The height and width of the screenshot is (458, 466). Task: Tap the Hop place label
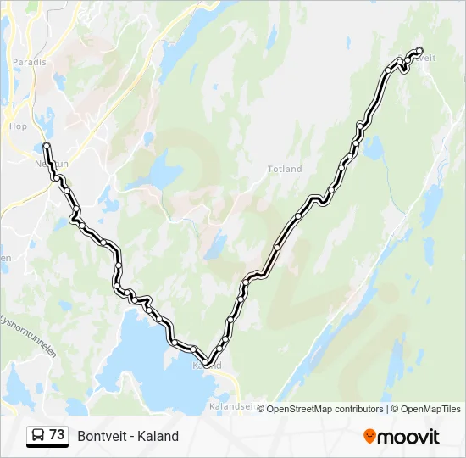pos(18,126)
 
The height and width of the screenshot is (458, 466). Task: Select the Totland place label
pos(285,169)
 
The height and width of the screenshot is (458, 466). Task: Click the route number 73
pos(57,435)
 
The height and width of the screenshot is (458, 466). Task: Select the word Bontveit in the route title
pos(100,436)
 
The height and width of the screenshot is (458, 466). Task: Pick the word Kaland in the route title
pos(160,436)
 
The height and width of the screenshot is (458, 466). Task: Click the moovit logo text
pos(410,437)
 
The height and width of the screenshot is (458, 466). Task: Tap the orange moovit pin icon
pos(369,437)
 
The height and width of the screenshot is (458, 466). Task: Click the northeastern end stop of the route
pos(419,50)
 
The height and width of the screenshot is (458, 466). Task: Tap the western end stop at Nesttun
pos(46,146)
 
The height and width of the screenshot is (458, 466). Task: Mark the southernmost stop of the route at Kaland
pos(206,363)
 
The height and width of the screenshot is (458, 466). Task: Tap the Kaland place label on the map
pos(208,366)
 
